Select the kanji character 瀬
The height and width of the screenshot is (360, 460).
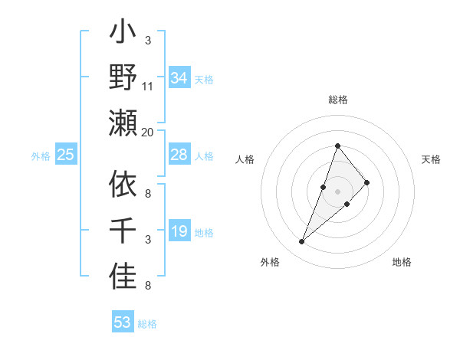(x=123, y=123)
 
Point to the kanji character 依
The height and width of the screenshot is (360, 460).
(x=123, y=185)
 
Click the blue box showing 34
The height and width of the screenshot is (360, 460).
(x=179, y=77)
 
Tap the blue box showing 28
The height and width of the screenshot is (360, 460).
(x=179, y=155)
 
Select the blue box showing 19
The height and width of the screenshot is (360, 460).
(x=179, y=231)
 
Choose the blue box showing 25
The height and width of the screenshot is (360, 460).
(x=66, y=155)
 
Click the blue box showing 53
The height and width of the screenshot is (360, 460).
(x=123, y=322)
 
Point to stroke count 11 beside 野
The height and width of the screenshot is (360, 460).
(x=148, y=86)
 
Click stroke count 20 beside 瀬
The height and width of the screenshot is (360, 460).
(x=148, y=132)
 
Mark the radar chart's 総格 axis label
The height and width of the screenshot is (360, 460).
(x=338, y=100)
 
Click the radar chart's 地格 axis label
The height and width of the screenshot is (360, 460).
(x=402, y=262)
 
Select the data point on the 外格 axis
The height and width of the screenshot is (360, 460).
(x=302, y=242)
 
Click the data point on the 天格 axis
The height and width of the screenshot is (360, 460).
(x=367, y=182)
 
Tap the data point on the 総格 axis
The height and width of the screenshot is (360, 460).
(x=337, y=146)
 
